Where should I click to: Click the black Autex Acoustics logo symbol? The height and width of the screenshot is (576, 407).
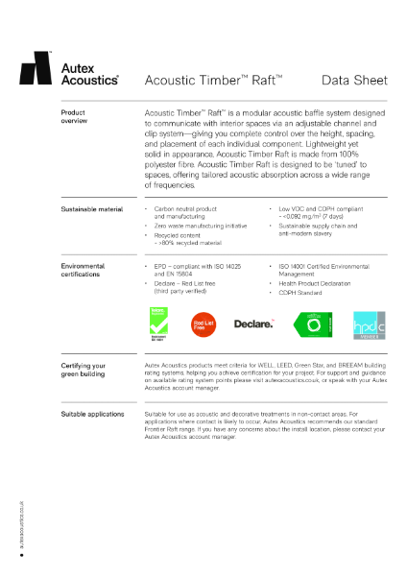(36, 69)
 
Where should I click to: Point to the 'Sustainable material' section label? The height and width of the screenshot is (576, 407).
(91, 208)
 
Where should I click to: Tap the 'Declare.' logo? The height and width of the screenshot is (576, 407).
(254, 323)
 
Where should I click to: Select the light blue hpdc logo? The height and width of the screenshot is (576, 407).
(369, 324)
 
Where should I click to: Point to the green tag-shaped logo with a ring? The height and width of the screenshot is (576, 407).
(311, 324)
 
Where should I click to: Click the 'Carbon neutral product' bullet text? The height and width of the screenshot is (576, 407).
(185, 208)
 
